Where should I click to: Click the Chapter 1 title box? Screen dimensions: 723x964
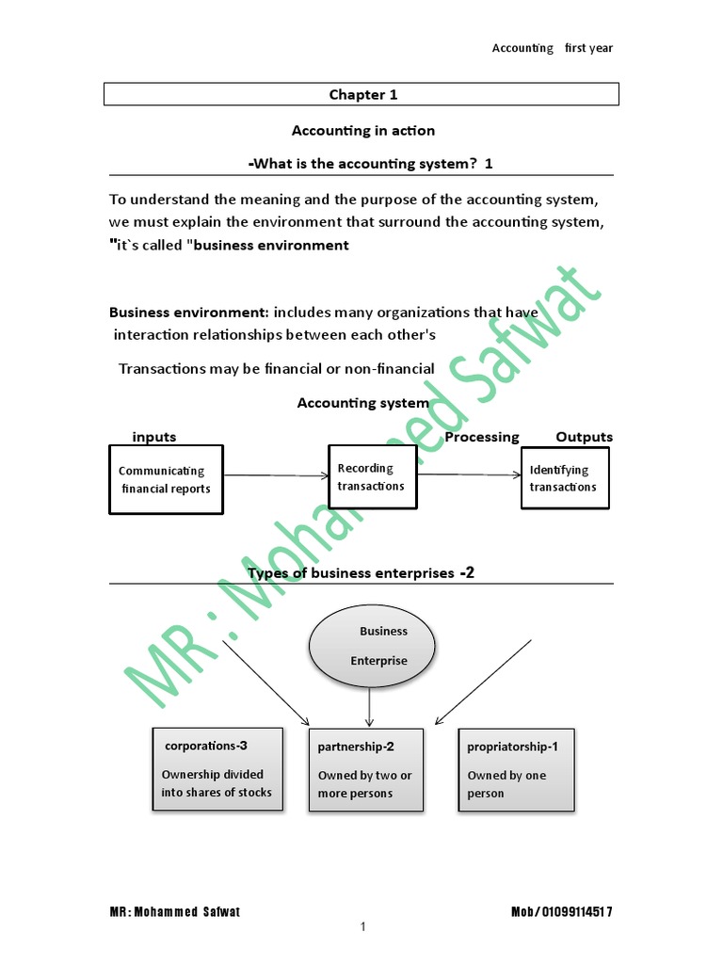point(361,94)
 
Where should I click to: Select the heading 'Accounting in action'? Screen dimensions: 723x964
point(362,130)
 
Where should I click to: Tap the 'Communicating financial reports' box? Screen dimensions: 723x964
point(167,479)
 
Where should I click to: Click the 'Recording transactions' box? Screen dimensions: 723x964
point(373,477)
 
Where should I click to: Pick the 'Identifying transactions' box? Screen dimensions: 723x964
point(565,478)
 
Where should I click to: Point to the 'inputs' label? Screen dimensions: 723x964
point(154,437)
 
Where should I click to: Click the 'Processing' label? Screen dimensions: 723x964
point(481,437)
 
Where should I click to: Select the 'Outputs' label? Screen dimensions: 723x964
point(584,437)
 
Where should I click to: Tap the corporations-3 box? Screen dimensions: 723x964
point(217,769)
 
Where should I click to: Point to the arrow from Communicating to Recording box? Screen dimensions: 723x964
point(275,475)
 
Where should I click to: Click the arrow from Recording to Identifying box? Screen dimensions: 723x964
point(470,474)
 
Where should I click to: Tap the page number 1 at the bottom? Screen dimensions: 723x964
point(362,927)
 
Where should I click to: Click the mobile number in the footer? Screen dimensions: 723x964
point(561,912)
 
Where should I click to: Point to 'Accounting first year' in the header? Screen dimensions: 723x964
point(552,48)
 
